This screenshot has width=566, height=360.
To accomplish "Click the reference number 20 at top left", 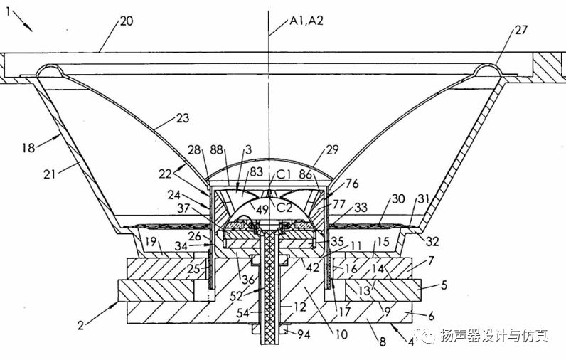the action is coord(127,21).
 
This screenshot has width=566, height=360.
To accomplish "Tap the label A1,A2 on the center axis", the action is coord(306,21).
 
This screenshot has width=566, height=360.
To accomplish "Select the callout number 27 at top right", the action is coord(521,30).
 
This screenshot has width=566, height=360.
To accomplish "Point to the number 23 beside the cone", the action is coord(183,118).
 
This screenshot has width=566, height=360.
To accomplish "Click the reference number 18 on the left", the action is coord(28,147).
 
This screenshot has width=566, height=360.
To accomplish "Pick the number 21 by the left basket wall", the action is coord(50,174).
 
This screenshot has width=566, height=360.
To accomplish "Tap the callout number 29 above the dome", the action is coord(332,149).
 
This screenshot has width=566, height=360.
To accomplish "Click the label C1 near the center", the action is coord(284,175).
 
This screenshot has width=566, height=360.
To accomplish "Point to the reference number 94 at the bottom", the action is coord(304,334).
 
